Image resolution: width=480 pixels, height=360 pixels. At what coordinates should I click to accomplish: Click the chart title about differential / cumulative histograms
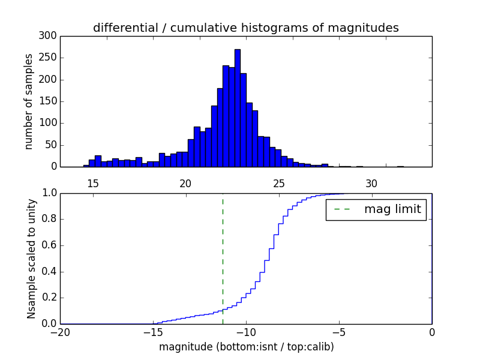pos(245,28)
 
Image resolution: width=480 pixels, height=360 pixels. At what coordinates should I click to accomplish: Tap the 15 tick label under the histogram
pos(93,184)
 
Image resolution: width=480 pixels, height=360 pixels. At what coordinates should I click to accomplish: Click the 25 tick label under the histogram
pos(279,184)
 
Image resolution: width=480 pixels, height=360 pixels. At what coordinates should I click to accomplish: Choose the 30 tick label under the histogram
pos(372,184)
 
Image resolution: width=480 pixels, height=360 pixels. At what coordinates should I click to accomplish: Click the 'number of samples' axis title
pos(29,101)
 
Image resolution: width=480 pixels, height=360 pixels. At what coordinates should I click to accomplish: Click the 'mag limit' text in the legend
pos(392,209)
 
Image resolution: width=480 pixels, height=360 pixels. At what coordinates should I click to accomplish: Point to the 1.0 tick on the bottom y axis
pos(49,193)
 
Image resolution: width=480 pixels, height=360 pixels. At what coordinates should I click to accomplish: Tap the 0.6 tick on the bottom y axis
pos(49,245)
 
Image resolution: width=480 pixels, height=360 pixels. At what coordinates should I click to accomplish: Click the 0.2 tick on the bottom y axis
pos(49,298)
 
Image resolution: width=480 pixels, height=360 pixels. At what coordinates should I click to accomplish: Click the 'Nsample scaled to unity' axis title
pos(31,258)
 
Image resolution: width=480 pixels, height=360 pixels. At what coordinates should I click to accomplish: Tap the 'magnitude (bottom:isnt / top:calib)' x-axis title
pos(246,347)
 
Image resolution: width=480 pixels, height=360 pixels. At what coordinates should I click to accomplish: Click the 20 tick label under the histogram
pos(186,184)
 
